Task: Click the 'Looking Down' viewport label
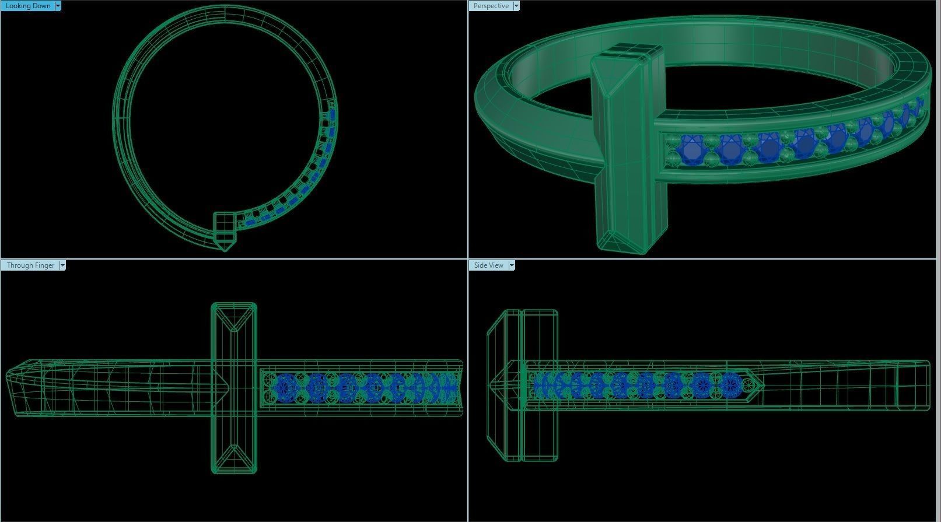(27, 6)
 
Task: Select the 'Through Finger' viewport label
(30, 265)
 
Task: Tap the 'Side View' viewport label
(488, 265)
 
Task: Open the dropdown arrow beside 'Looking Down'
(57, 6)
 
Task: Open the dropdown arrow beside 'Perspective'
(516, 6)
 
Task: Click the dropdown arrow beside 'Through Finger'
(62, 265)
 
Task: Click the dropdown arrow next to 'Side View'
(512, 265)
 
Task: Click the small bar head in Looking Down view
(224, 230)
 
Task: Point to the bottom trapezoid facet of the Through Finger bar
(233, 458)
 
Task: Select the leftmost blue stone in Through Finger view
(286, 386)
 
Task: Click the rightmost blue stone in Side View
(730, 384)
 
